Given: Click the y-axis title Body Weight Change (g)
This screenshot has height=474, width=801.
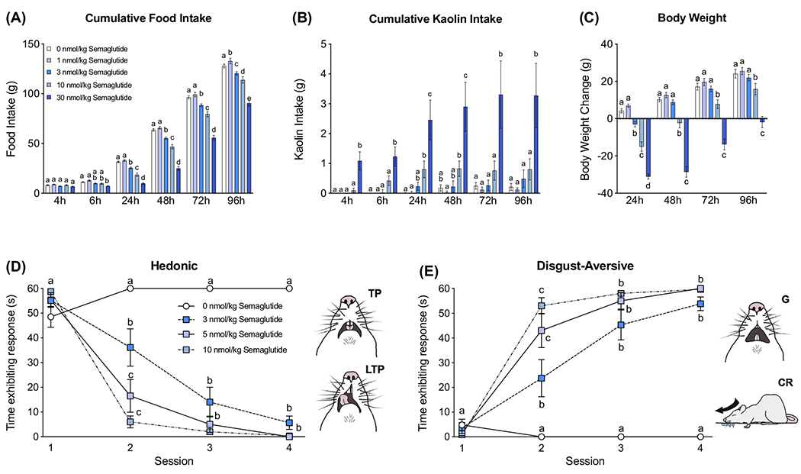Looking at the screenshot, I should click(585, 119).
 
